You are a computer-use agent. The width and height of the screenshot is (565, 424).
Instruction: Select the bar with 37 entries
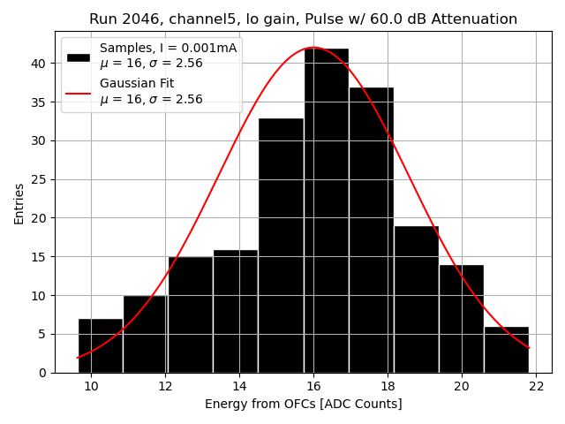pos(372,230)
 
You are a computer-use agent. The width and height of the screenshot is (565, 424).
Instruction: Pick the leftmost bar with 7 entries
pos(101,345)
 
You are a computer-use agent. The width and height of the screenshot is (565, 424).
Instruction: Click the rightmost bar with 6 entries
pos(507,350)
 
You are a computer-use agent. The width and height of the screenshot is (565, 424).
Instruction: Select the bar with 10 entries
pos(145,334)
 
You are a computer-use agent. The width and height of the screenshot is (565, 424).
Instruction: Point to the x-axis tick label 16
pos(313,386)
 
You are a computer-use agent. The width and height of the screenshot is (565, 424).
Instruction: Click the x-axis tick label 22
pos(537,386)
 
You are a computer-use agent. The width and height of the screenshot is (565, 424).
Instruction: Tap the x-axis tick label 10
pos(91,386)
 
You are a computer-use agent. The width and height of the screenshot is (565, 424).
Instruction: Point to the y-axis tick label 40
pos(38,64)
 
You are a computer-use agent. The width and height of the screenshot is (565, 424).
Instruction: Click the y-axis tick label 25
pos(38,179)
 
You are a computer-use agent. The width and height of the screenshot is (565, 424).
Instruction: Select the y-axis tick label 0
pos(41,373)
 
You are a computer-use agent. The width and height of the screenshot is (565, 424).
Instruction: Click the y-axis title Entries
pos(19,202)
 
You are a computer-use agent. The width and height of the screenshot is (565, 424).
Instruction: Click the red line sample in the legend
pos(78,92)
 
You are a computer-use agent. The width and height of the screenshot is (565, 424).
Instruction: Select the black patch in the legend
pos(78,57)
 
